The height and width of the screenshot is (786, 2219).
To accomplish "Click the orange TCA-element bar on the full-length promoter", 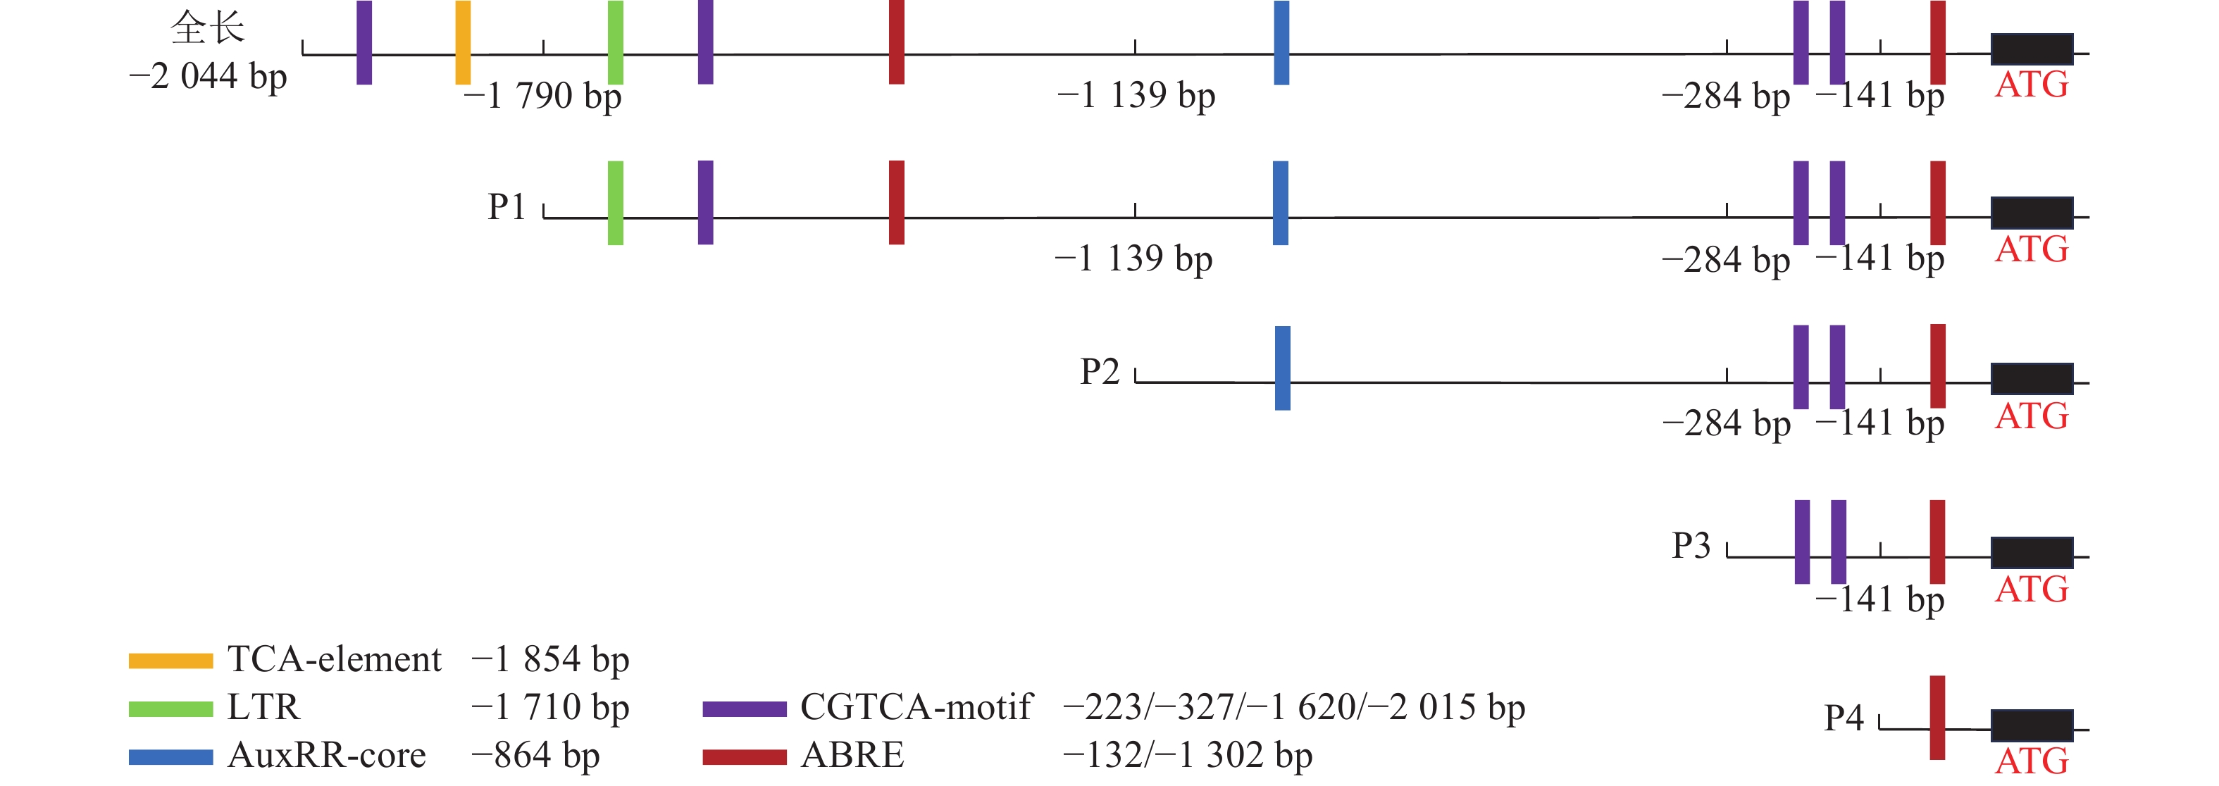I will coord(463,42).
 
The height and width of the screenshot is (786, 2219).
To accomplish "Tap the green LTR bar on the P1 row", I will coord(615,203).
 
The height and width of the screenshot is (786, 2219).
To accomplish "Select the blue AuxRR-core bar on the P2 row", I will coord(1282,368).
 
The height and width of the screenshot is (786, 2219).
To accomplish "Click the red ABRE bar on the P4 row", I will coord(1937,717).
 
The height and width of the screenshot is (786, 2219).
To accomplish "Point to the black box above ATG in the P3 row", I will coord(2031,553).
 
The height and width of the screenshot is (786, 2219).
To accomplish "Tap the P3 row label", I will coord(1691,546).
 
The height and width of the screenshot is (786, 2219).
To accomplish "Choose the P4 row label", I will coord(1844,718).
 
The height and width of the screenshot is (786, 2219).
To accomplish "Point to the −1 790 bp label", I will coord(542,96).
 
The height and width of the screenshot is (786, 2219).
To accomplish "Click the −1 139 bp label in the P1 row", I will coord(1133,259).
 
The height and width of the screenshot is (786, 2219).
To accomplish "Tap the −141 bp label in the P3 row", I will coord(1879,600).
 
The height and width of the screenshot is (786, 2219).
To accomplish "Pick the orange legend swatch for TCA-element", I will coord(170,661).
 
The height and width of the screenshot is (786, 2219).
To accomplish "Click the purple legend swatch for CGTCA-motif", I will coord(745,709).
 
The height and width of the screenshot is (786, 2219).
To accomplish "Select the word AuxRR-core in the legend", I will coord(326,756).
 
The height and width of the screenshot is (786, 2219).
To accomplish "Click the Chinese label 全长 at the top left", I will coord(208,27).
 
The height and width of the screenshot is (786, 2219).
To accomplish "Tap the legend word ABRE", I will coord(852,756).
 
